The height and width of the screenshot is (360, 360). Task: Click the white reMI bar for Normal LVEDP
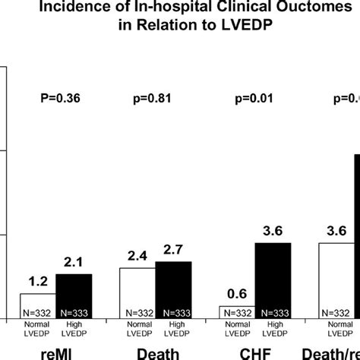click(37, 305)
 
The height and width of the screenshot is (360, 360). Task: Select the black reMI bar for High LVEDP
click(74, 295)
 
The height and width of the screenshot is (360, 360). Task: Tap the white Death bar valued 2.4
click(137, 292)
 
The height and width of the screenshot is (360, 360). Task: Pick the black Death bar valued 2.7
click(173, 289)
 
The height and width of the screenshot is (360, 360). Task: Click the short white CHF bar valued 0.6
click(236, 312)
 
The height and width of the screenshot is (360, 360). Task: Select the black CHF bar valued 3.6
click(273, 280)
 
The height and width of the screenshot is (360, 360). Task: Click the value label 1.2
click(38, 282)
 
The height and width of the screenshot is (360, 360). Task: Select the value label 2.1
click(74, 263)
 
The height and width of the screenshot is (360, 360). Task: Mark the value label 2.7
click(174, 250)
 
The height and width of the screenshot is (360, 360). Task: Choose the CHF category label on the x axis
click(254, 352)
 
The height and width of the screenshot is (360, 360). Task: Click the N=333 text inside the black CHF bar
click(273, 312)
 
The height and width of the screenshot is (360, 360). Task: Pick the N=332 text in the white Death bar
click(137, 312)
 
